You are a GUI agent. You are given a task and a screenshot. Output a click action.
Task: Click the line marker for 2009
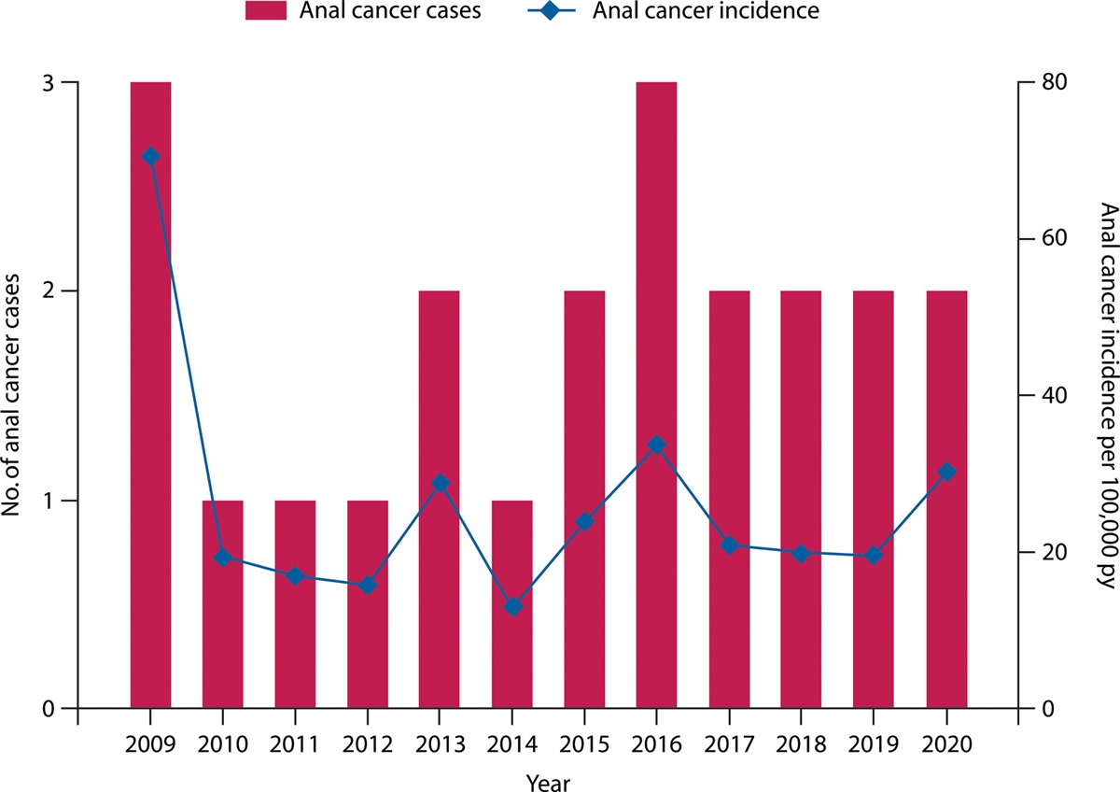pyautogui.click(x=150, y=156)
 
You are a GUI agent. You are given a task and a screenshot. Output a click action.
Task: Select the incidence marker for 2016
pyautogui.click(x=656, y=445)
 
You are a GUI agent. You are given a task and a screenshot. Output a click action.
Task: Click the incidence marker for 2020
pyautogui.click(x=946, y=473)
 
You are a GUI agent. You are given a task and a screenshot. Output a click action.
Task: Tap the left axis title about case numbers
pyautogui.click(x=17, y=394)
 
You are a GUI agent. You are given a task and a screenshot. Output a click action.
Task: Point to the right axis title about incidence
pyautogui.click(x=1106, y=394)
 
